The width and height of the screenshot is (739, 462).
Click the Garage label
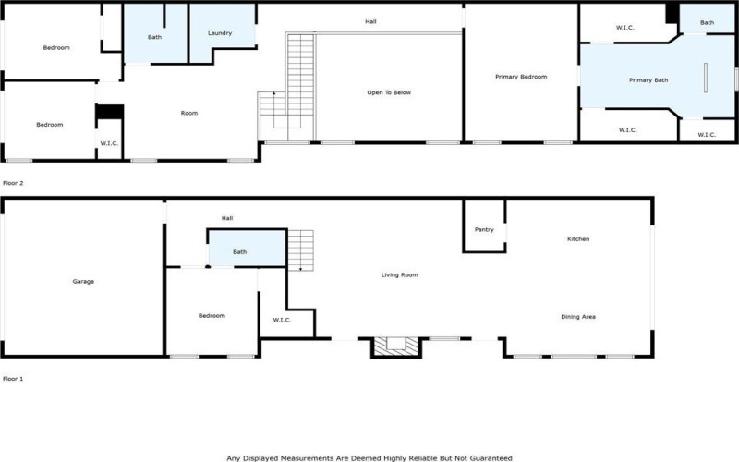[x=84, y=281]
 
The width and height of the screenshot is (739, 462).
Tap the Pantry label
[x=484, y=229]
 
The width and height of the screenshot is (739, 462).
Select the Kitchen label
[x=578, y=239]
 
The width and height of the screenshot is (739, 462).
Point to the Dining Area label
[x=578, y=317]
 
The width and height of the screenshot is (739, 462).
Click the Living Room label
[x=401, y=274]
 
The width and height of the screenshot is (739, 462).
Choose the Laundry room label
[x=220, y=33]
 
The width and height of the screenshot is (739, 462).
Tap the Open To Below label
[x=389, y=92]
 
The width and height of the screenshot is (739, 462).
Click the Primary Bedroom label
[x=522, y=77]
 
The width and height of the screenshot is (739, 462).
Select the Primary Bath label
[x=648, y=80]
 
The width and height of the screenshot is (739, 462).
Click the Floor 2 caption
[x=14, y=183]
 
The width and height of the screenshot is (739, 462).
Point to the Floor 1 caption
[x=13, y=379]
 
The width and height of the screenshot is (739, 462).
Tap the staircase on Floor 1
[x=301, y=250]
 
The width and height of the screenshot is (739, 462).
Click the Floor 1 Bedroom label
[x=212, y=316]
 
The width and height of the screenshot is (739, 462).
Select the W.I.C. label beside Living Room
[x=283, y=320]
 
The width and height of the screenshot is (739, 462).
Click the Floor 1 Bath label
[x=239, y=251]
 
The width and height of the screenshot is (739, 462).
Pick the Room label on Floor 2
[x=189, y=113]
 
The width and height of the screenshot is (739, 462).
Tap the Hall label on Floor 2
[x=370, y=21]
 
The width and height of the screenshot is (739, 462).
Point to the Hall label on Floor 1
[x=227, y=218]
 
